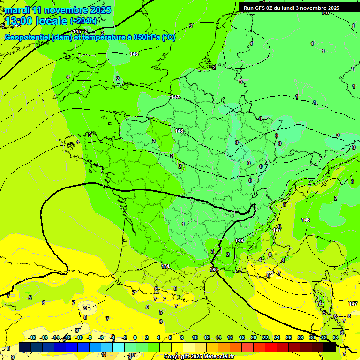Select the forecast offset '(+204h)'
coord(83,21)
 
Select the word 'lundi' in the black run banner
coord(293,8)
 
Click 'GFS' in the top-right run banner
coord(261,8)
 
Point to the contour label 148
coord(179,131)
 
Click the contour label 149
coord(239,240)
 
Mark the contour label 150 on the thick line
coord(214,270)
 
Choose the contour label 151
coord(165,266)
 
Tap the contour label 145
coord(77,31)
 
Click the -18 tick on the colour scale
coord(32,337)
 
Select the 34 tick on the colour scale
coord(336,337)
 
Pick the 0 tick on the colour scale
coord(135,337)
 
